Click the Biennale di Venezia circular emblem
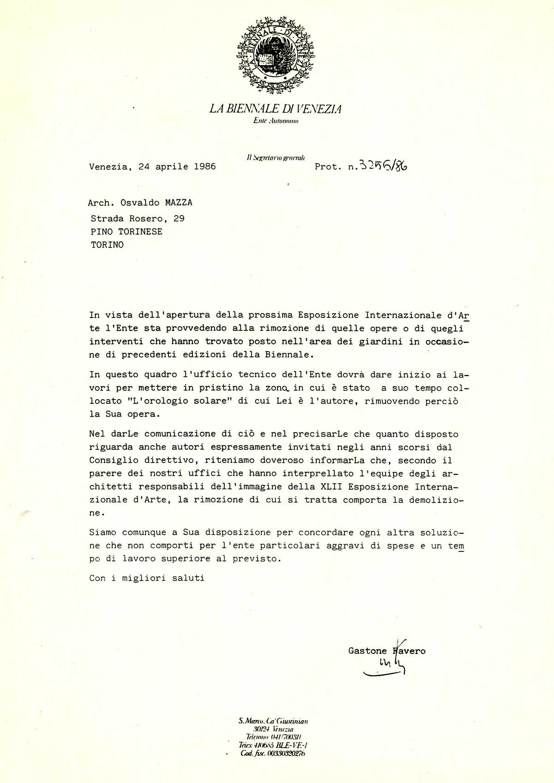click(x=276, y=55)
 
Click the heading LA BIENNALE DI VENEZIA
click(x=276, y=109)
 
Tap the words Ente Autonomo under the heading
click(x=276, y=121)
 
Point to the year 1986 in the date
click(x=205, y=167)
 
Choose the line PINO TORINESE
click(x=126, y=232)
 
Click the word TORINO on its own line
click(x=107, y=245)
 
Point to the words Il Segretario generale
click(x=276, y=157)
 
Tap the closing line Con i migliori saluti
click(x=147, y=578)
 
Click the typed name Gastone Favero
click(x=387, y=651)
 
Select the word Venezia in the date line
click(x=108, y=167)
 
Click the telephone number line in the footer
click(x=273, y=737)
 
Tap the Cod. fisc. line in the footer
click(x=273, y=753)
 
